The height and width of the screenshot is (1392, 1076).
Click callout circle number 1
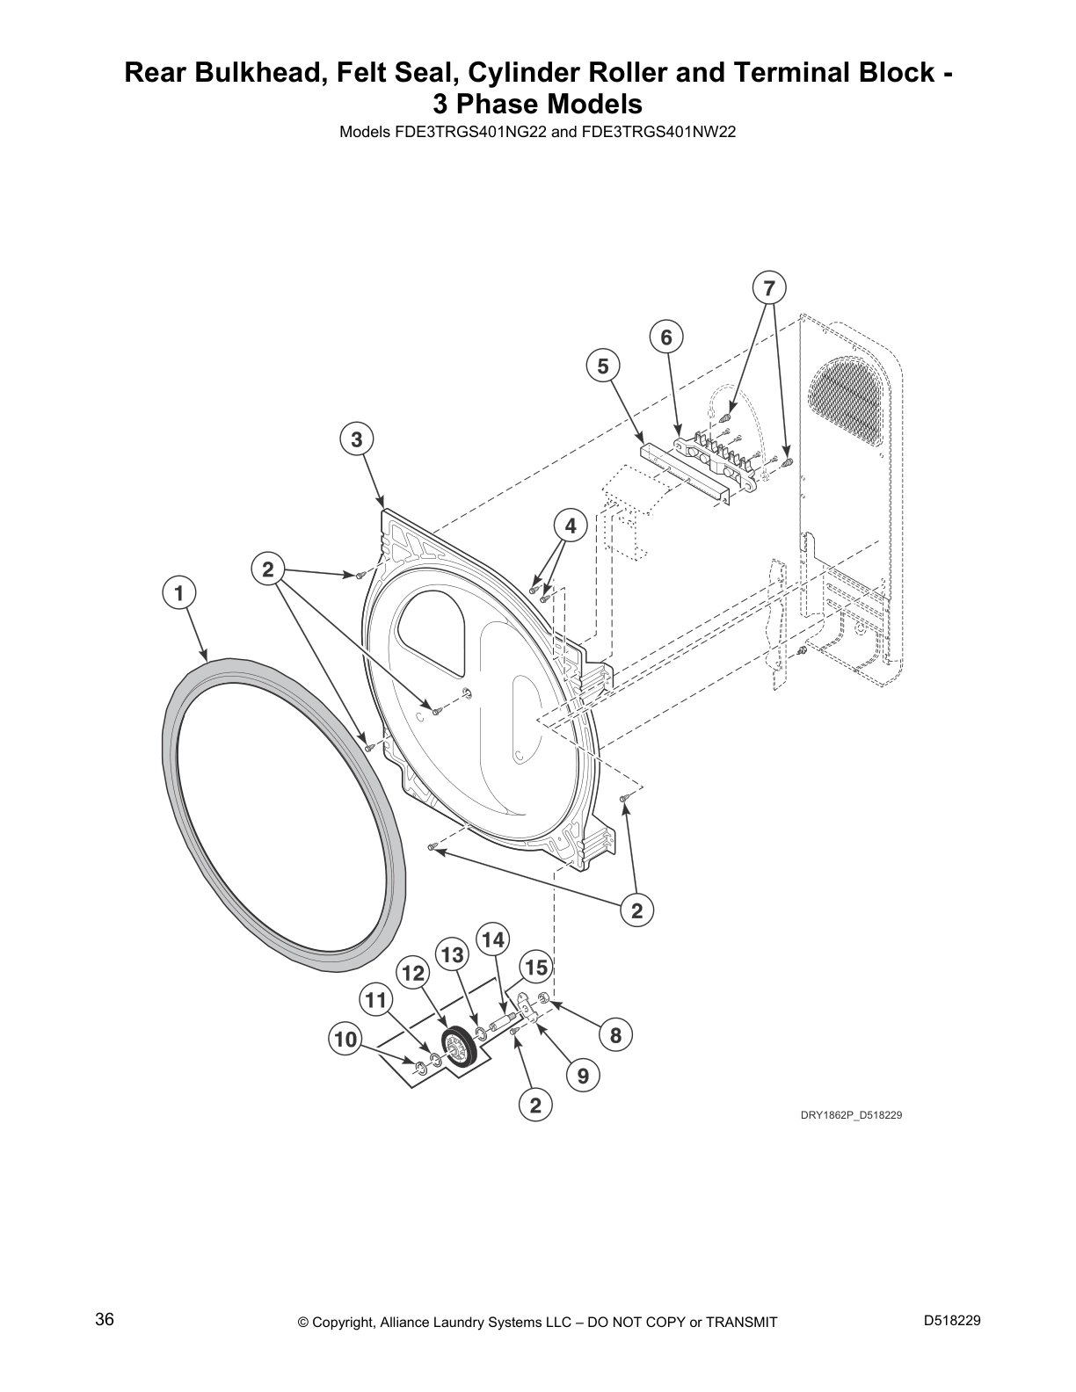(178, 593)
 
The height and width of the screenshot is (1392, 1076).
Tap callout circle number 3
(356, 439)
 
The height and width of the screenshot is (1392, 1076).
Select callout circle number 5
(603, 366)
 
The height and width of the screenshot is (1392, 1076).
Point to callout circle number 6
(666, 337)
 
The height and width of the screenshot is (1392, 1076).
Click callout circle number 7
(769, 288)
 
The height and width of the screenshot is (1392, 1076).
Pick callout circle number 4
(571, 526)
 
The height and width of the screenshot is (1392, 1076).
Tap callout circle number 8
(615, 1035)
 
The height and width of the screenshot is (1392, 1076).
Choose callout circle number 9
(583, 1075)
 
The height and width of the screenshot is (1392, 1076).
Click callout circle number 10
(345, 1039)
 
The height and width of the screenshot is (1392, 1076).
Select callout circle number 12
(413, 974)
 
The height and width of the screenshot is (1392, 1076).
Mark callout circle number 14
(493, 939)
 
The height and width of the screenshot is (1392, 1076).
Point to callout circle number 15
(536, 968)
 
